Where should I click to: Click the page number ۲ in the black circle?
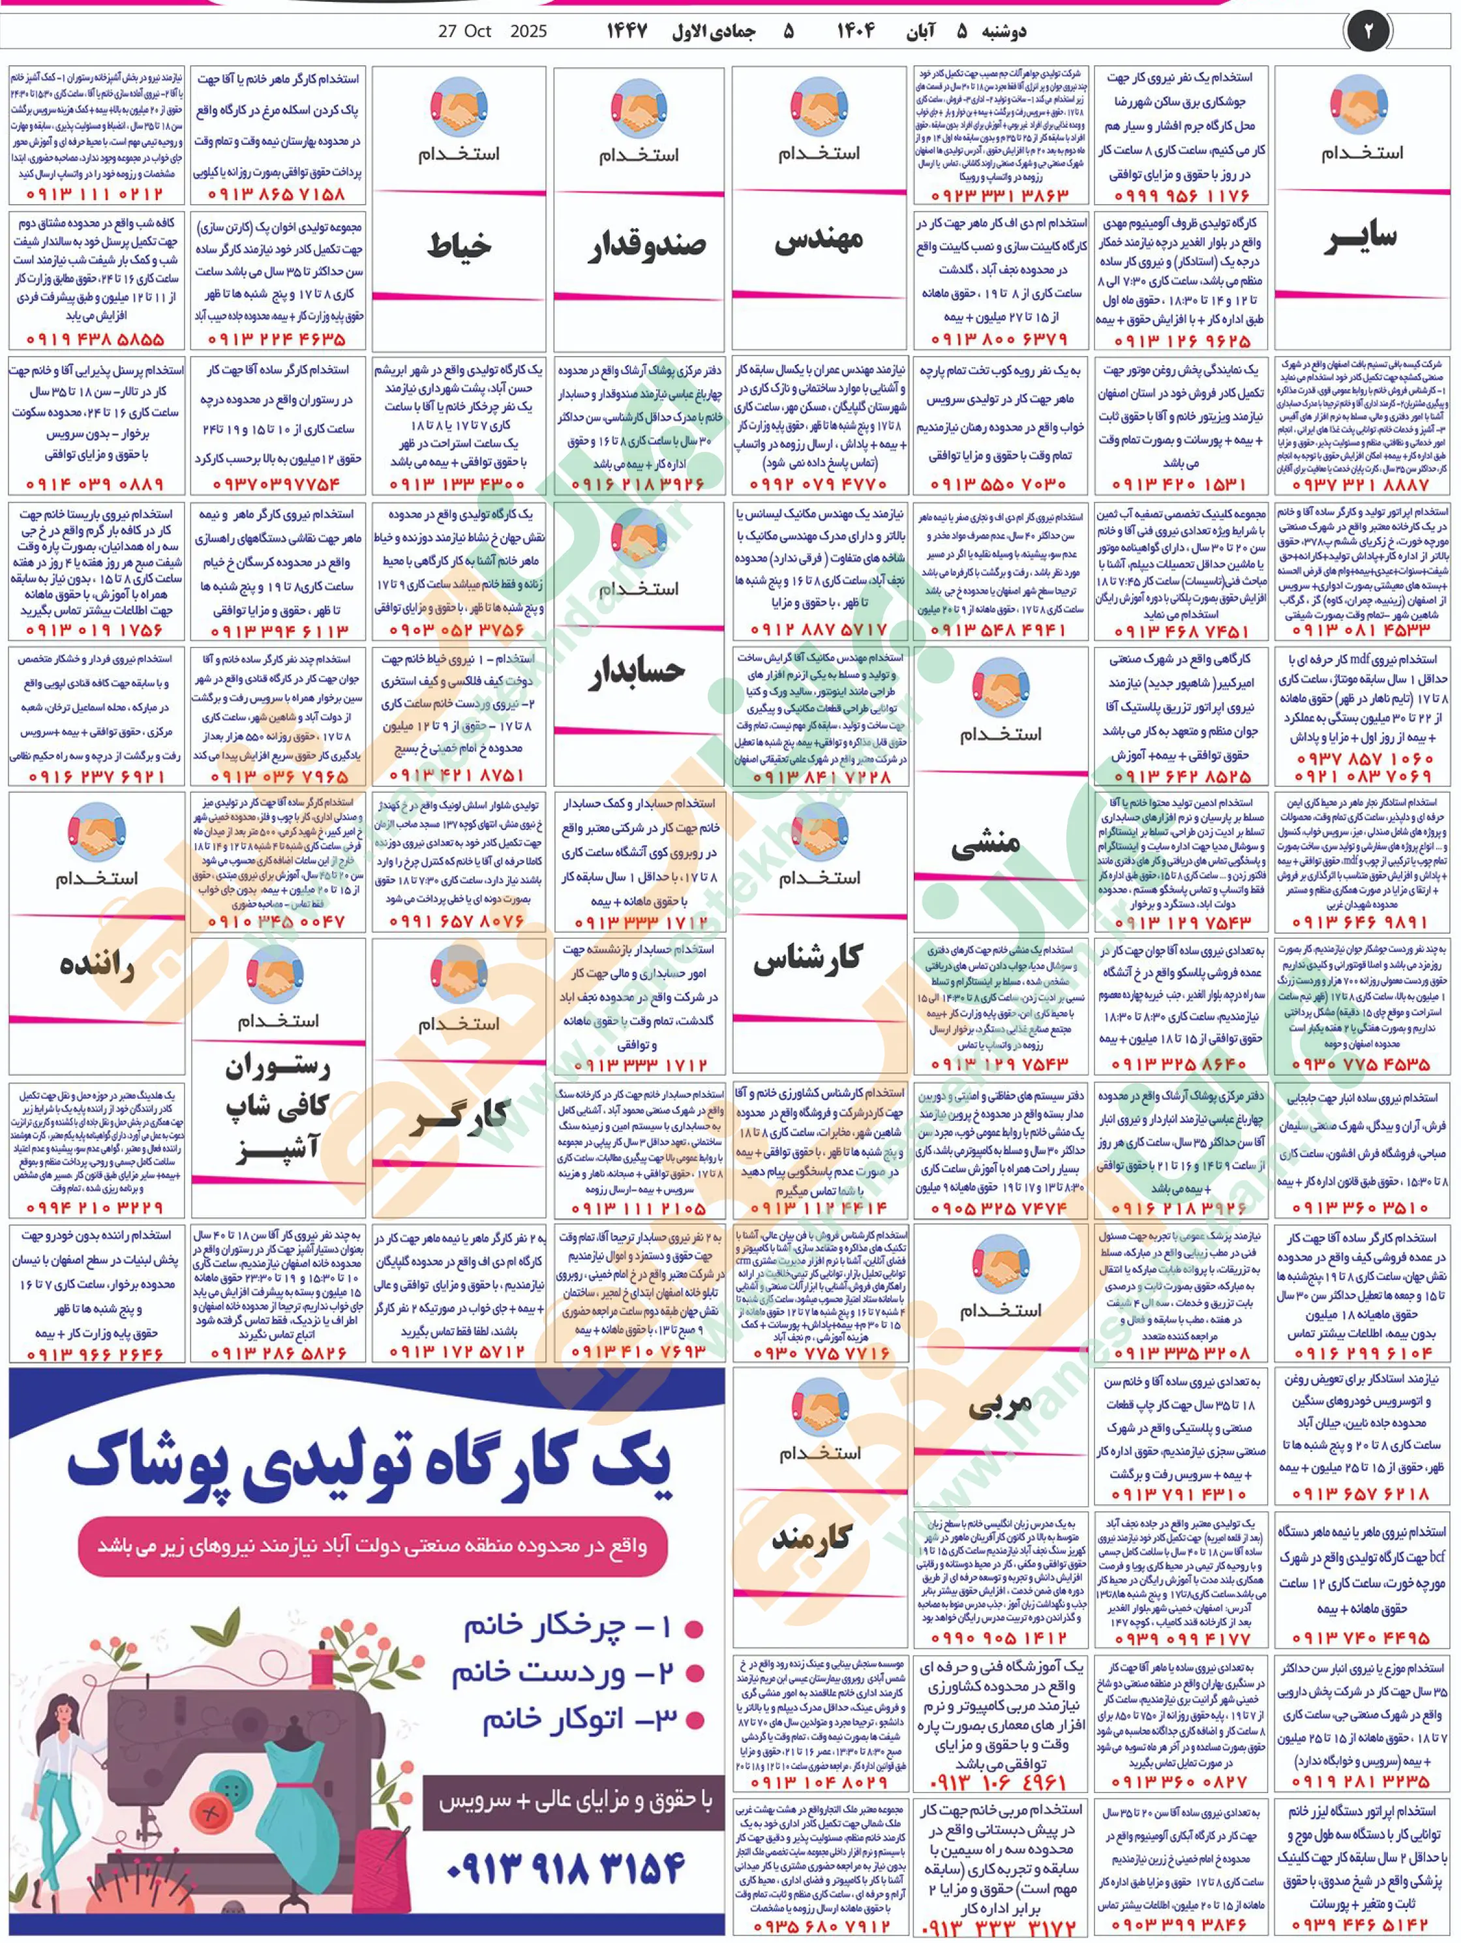(x=1368, y=31)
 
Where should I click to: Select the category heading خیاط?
(x=459, y=245)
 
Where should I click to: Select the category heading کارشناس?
(x=807, y=959)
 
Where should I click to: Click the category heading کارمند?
(x=812, y=1537)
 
